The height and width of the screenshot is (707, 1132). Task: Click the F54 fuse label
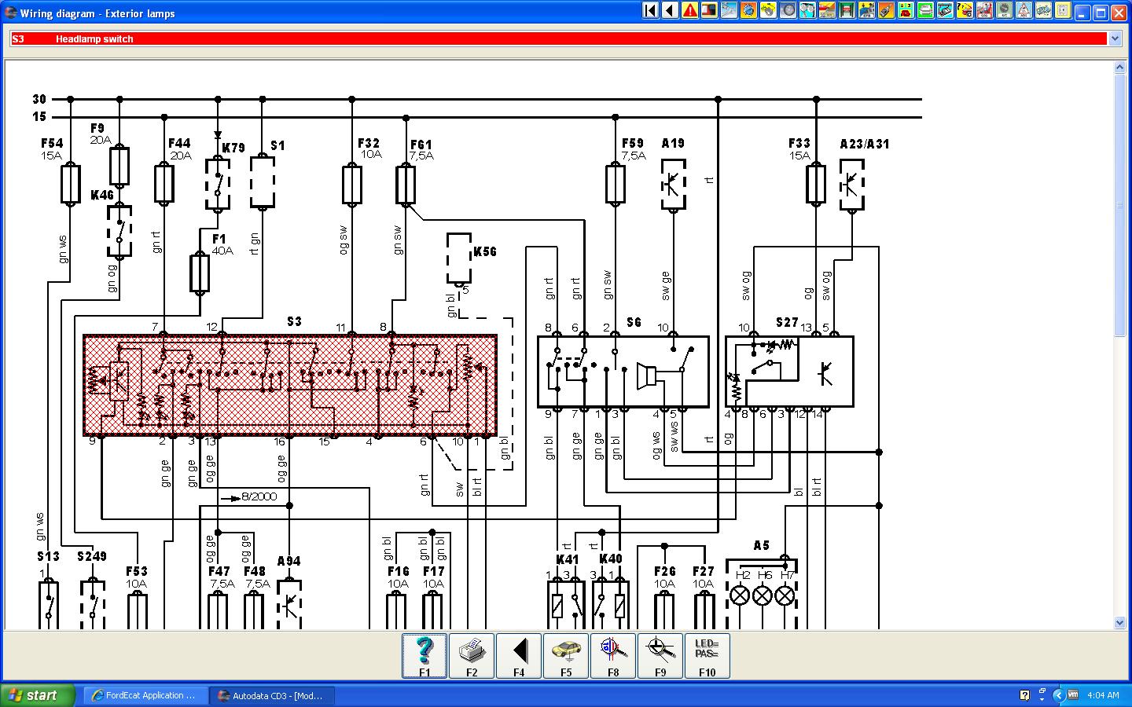[52, 144]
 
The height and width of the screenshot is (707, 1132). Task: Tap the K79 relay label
[233, 148]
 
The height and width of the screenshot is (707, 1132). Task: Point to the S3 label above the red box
[293, 321]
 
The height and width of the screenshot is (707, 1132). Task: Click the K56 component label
[485, 251]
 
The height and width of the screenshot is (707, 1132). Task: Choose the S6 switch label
[634, 322]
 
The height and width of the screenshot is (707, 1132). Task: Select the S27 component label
[786, 322]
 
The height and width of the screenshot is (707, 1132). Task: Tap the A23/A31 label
[864, 144]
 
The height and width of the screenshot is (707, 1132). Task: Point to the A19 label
[672, 144]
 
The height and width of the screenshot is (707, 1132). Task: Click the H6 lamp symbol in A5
[763, 595]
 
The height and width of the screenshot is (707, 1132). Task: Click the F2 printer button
[472, 655]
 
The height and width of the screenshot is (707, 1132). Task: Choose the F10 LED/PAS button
[707, 655]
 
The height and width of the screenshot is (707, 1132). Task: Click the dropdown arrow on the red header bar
[1114, 38]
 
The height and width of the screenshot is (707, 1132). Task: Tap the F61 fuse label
[421, 145]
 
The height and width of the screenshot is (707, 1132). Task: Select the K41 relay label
[567, 559]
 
